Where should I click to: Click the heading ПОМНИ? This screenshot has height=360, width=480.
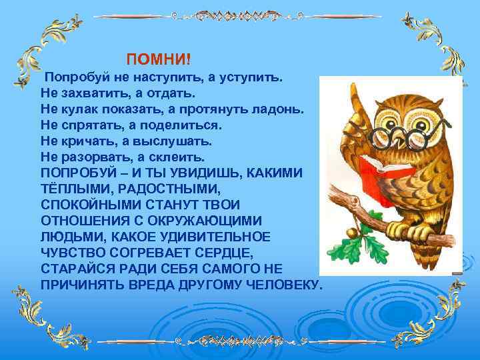[158, 60]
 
